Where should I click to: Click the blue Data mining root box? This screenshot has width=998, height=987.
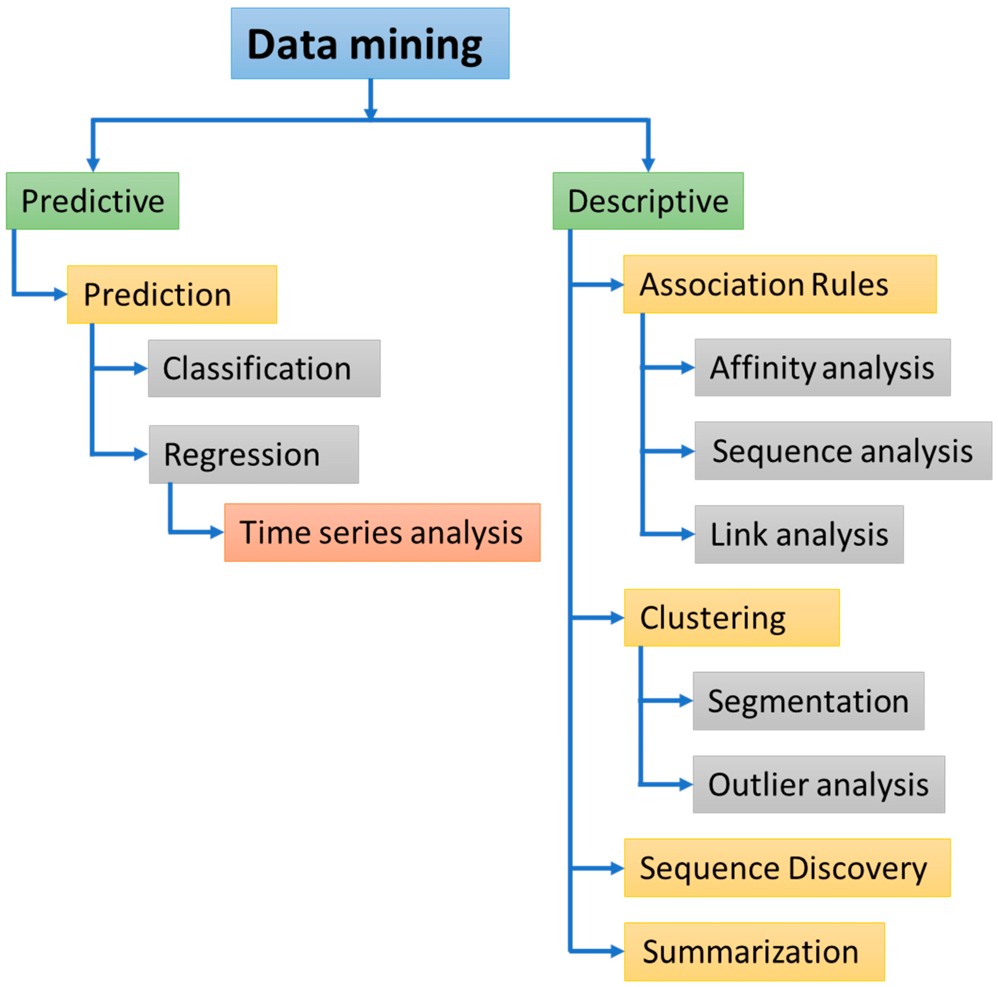pos(370,43)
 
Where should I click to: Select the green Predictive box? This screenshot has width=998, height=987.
pos(92,201)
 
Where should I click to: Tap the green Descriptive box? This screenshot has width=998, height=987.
pos(648,201)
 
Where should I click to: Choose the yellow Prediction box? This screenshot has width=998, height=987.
pos(172,295)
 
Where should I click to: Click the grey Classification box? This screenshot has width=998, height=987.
pos(264,368)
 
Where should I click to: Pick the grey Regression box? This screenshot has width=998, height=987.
pos(254,454)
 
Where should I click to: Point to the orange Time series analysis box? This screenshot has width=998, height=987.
pos(382,532)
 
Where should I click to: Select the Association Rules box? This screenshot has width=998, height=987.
pos(780,284)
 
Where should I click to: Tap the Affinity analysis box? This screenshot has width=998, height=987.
pos(822,367)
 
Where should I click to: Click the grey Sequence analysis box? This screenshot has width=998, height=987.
pos(843,451)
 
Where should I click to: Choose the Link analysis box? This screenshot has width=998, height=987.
pos(799,534)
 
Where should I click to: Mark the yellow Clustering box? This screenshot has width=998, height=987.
pos(732,618)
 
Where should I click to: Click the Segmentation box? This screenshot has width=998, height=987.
pos(808,701)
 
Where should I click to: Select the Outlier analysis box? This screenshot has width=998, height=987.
pos(819,784)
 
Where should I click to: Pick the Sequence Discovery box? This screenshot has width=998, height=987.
pos(787,868)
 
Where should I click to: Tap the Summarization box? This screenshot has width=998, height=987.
pos(754,951)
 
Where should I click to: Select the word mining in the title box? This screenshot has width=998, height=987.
pos(416,45)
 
